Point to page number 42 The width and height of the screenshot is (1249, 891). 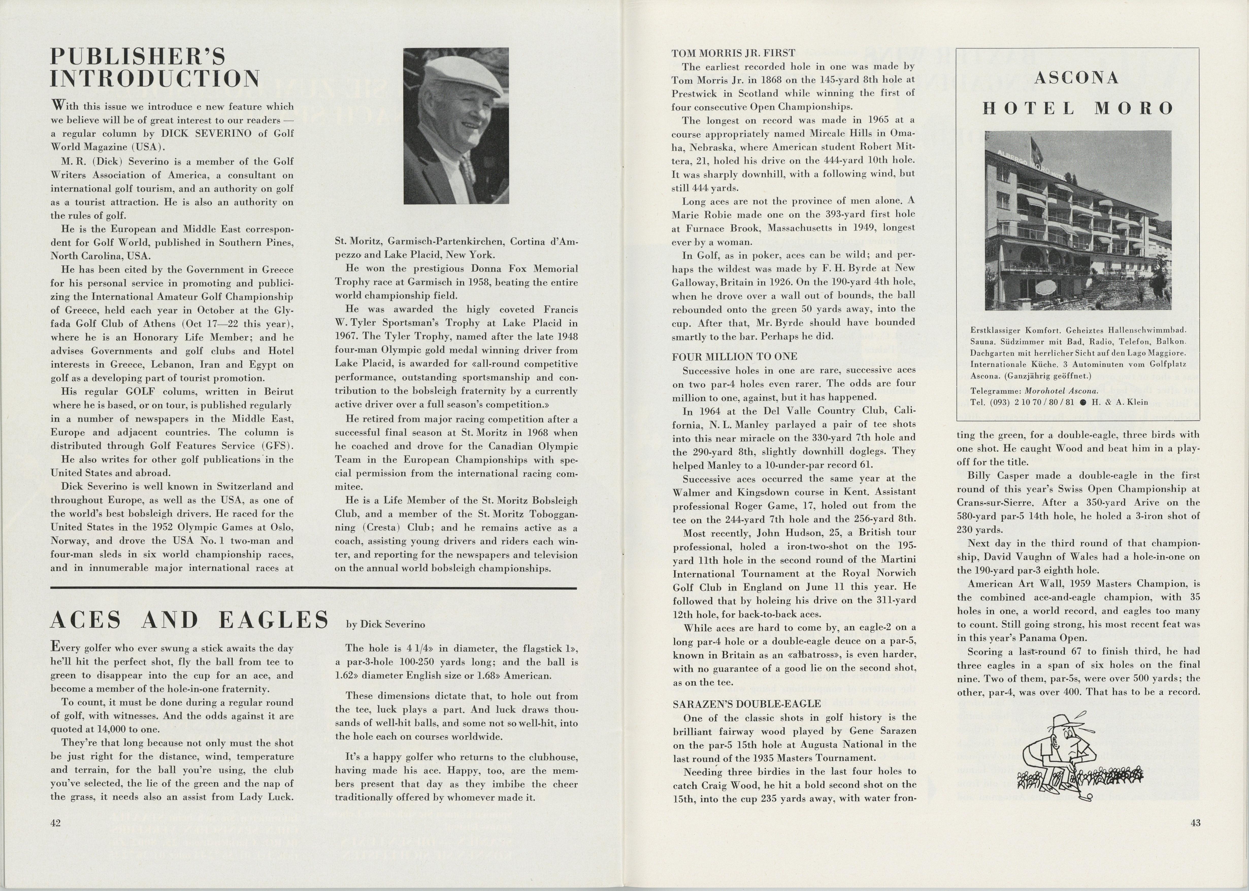55,822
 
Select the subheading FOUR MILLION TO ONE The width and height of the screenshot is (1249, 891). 727,357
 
